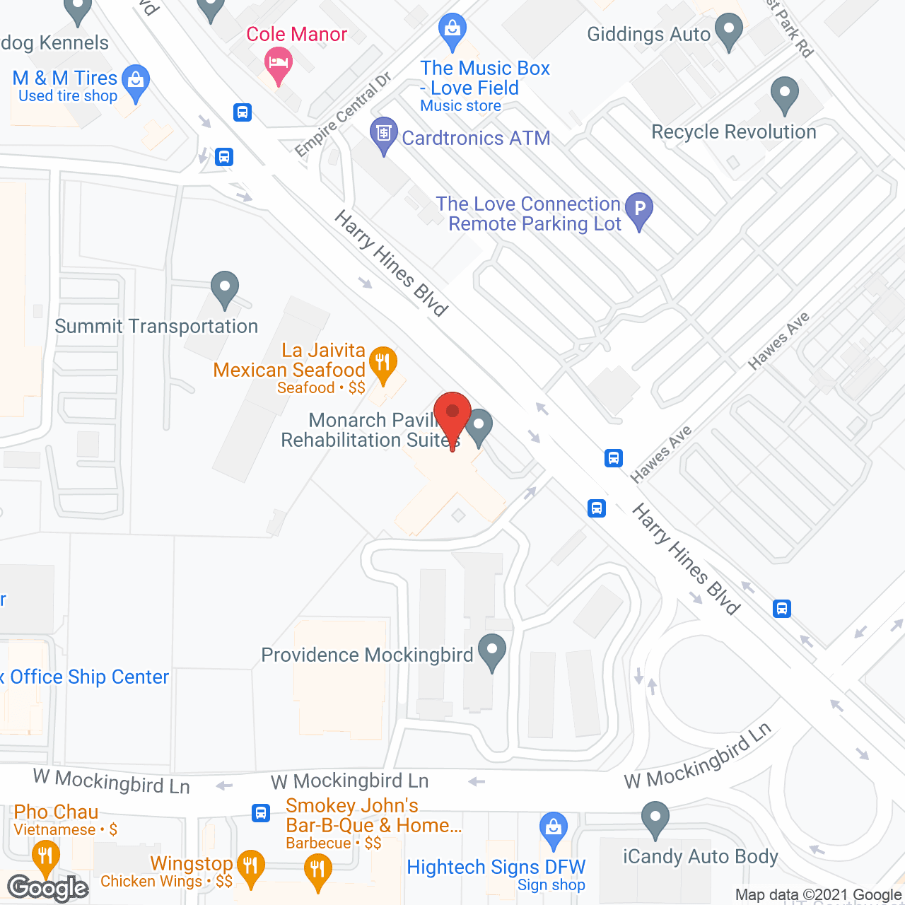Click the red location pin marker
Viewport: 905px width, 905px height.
(452, 414)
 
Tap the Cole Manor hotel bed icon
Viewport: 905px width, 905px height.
(279, 63)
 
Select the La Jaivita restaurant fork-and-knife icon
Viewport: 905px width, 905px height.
(383, 363)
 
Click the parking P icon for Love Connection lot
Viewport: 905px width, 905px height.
(639, 209)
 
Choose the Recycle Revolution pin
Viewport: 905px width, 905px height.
(784, 93)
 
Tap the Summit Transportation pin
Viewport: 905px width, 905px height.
(225, 288)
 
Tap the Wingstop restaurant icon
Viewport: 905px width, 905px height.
(250, 865)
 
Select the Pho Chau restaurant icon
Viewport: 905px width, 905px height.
(45, 856)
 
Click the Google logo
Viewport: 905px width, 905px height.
(47, 888)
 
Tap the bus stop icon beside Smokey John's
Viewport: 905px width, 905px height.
(261, 812)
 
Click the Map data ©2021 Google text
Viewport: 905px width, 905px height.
(819, 894)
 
